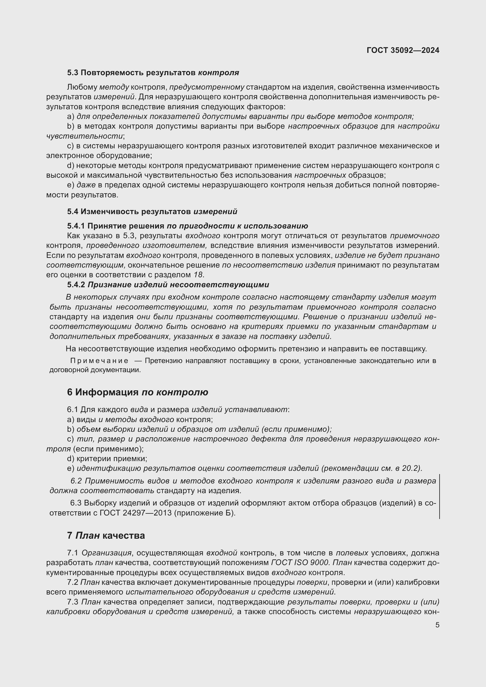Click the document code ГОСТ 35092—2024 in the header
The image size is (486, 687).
coord(403,50)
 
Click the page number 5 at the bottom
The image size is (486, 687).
coord(437,625)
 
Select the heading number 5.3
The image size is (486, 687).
coord(73,73)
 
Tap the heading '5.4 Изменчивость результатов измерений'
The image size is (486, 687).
coord(152,211)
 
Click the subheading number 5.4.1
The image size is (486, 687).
coord(76,226)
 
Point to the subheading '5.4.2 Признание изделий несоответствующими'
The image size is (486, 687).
coord(168,285)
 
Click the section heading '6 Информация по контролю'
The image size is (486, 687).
coord(137,392)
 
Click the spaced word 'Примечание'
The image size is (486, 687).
coord(99,361)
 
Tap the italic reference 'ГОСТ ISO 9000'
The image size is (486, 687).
coord(299,562)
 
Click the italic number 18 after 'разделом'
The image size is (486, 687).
coord(198,274)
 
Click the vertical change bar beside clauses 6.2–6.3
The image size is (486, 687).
coord(439,496)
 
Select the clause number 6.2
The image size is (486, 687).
coord(76,481)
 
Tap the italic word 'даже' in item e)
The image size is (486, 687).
coord(86,185)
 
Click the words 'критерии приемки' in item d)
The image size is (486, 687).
coord(112,458)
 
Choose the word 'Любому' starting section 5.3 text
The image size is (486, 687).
coord(82,87)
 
